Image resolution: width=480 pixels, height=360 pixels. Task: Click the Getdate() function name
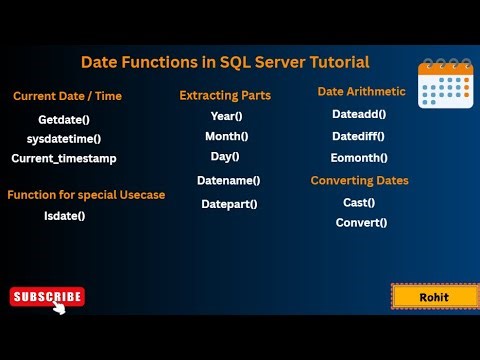50,119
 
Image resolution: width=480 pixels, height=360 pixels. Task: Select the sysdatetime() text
50,138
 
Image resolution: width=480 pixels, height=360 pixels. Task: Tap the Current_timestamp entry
63,158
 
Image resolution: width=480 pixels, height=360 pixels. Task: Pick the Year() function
226,116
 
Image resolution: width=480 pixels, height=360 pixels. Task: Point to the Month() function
227,136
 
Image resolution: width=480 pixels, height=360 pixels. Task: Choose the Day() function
225,156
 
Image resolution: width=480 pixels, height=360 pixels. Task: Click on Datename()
228,180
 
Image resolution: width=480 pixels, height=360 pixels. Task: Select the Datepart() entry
229,204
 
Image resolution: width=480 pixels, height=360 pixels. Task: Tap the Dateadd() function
359,114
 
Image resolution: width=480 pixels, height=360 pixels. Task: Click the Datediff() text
359,136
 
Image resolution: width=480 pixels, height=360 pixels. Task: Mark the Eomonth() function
359,158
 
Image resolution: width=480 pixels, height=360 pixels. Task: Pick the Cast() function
358,202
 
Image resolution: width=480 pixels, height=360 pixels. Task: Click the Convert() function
361,222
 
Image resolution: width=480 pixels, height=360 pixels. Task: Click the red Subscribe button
47,296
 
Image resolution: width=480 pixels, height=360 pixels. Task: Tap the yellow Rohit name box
433,297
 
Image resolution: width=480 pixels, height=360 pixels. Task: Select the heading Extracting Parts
225,96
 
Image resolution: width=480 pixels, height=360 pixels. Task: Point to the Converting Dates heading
359,181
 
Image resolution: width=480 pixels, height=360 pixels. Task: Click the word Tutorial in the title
332,62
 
